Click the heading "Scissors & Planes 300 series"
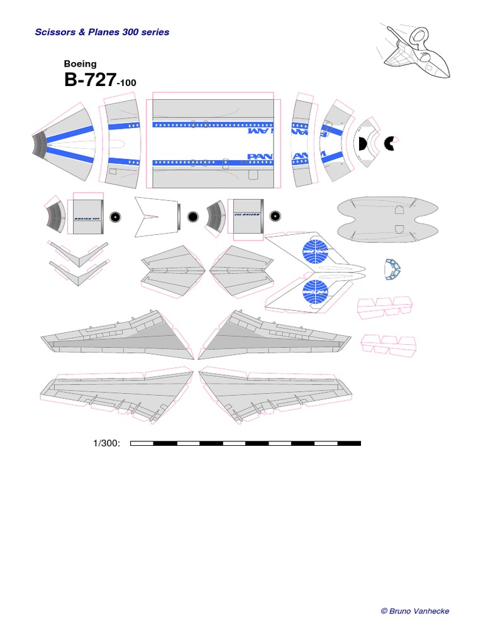(x=102, y=32)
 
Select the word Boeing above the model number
(x=80, y=63)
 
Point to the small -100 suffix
(x=126, y=83)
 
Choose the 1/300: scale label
(x=106, y=444)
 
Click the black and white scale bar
(x=245, y=443)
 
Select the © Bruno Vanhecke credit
(x=415, y=611)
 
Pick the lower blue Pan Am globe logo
(x=315, y=292)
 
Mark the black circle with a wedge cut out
(x=391, y=143)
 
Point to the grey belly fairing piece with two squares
(x=387, y=219)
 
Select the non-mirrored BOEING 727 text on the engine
(x=87, y=218)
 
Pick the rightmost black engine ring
(x=275, y=217)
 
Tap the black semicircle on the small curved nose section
(x=362, y=144)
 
